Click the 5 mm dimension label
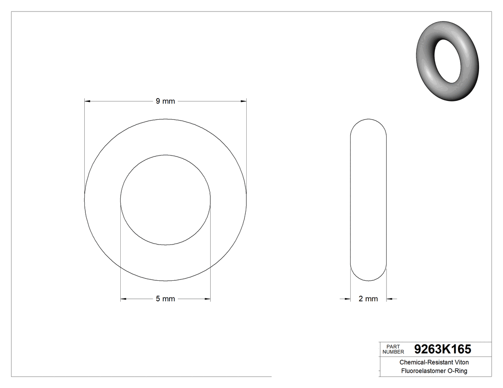pos(165,299)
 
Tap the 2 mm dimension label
pos(368,299)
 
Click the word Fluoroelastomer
pos(421,371)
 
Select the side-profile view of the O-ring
pos(368,200)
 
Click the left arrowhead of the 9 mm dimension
pos(88,101)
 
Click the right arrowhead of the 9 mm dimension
pos(243,101)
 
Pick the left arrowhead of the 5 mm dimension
pos(123,299)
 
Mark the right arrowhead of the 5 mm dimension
pos(207,299)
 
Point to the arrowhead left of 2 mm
pos(348,299)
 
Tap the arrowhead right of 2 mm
pos(389,299)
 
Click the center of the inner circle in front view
pos(165,200)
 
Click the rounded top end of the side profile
pos(368,122)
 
